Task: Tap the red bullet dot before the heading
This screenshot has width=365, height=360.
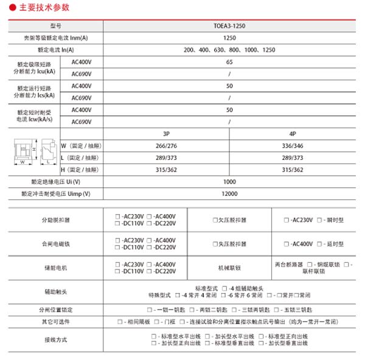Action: coord(14,8)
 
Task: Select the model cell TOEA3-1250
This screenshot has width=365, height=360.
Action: coord(229,26)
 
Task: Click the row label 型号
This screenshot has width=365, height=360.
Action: coord(56,26)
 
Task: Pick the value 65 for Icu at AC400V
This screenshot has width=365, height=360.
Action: coord(229,62)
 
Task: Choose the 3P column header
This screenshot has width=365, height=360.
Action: coord(166,133)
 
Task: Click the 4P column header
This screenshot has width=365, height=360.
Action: coord(293,133)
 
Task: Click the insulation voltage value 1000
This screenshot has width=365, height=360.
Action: coord(229,182)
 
